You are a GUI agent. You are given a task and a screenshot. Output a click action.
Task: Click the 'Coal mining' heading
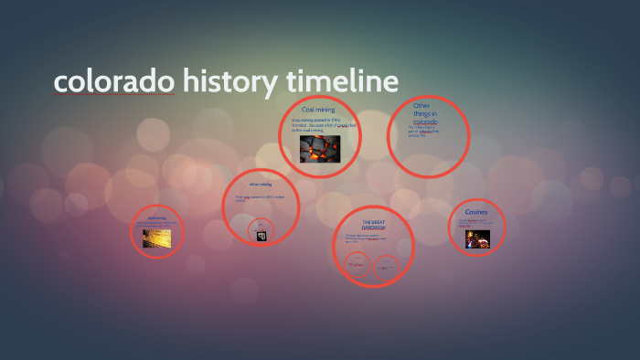coord(318,110)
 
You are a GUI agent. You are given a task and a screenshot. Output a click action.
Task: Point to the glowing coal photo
coord(319,148)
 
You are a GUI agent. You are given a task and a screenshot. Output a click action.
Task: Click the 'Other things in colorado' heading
coord(425,113)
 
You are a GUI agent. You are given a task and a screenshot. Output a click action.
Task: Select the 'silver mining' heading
coord(261,185)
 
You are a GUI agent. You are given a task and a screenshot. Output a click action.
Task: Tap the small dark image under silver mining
coord(261,235)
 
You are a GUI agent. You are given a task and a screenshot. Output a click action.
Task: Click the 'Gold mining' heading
coord(156,218)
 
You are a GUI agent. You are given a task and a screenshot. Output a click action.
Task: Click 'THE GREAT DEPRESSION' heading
coord(373,225)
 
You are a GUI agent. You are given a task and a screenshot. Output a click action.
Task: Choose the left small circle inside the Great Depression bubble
coord(356,266)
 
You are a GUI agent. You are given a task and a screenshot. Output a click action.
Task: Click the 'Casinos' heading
coord(476,212)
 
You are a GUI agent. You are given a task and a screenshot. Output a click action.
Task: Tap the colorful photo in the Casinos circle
coord(477,238)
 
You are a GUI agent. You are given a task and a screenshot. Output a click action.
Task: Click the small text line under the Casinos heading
coord(476,222)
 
